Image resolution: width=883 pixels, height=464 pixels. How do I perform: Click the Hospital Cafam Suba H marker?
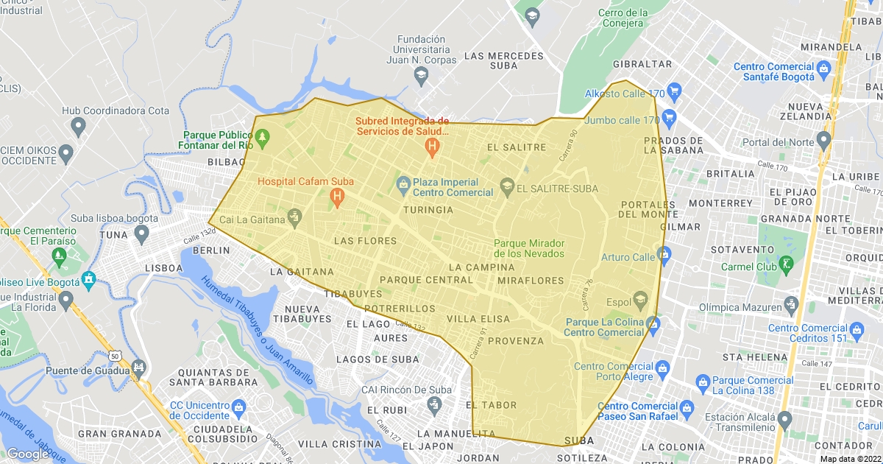click(337, 197)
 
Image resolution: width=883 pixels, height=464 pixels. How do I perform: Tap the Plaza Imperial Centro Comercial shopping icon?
click(403, 183)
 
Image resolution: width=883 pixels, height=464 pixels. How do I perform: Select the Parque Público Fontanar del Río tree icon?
click(262, 136)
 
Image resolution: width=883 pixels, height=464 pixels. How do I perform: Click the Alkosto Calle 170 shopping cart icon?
click(675, 94)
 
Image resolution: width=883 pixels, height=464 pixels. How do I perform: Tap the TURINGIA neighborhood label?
click(428, 210)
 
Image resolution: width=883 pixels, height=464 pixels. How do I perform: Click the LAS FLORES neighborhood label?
click(365, 241)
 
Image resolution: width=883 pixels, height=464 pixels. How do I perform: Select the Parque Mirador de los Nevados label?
click(529, 248)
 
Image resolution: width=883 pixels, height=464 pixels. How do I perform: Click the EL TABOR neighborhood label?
click(492, 405)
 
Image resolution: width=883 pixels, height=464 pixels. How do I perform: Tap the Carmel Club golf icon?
click(788, 263)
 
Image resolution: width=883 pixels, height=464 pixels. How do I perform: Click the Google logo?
click(27, 454)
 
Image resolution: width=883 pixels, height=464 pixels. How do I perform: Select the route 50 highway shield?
click(114, 356)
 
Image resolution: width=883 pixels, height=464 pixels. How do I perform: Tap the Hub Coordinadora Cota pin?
click(79, 127)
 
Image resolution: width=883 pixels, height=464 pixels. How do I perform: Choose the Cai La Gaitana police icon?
click(294, 216)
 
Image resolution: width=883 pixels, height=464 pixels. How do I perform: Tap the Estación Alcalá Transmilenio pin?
click(784, 421)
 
